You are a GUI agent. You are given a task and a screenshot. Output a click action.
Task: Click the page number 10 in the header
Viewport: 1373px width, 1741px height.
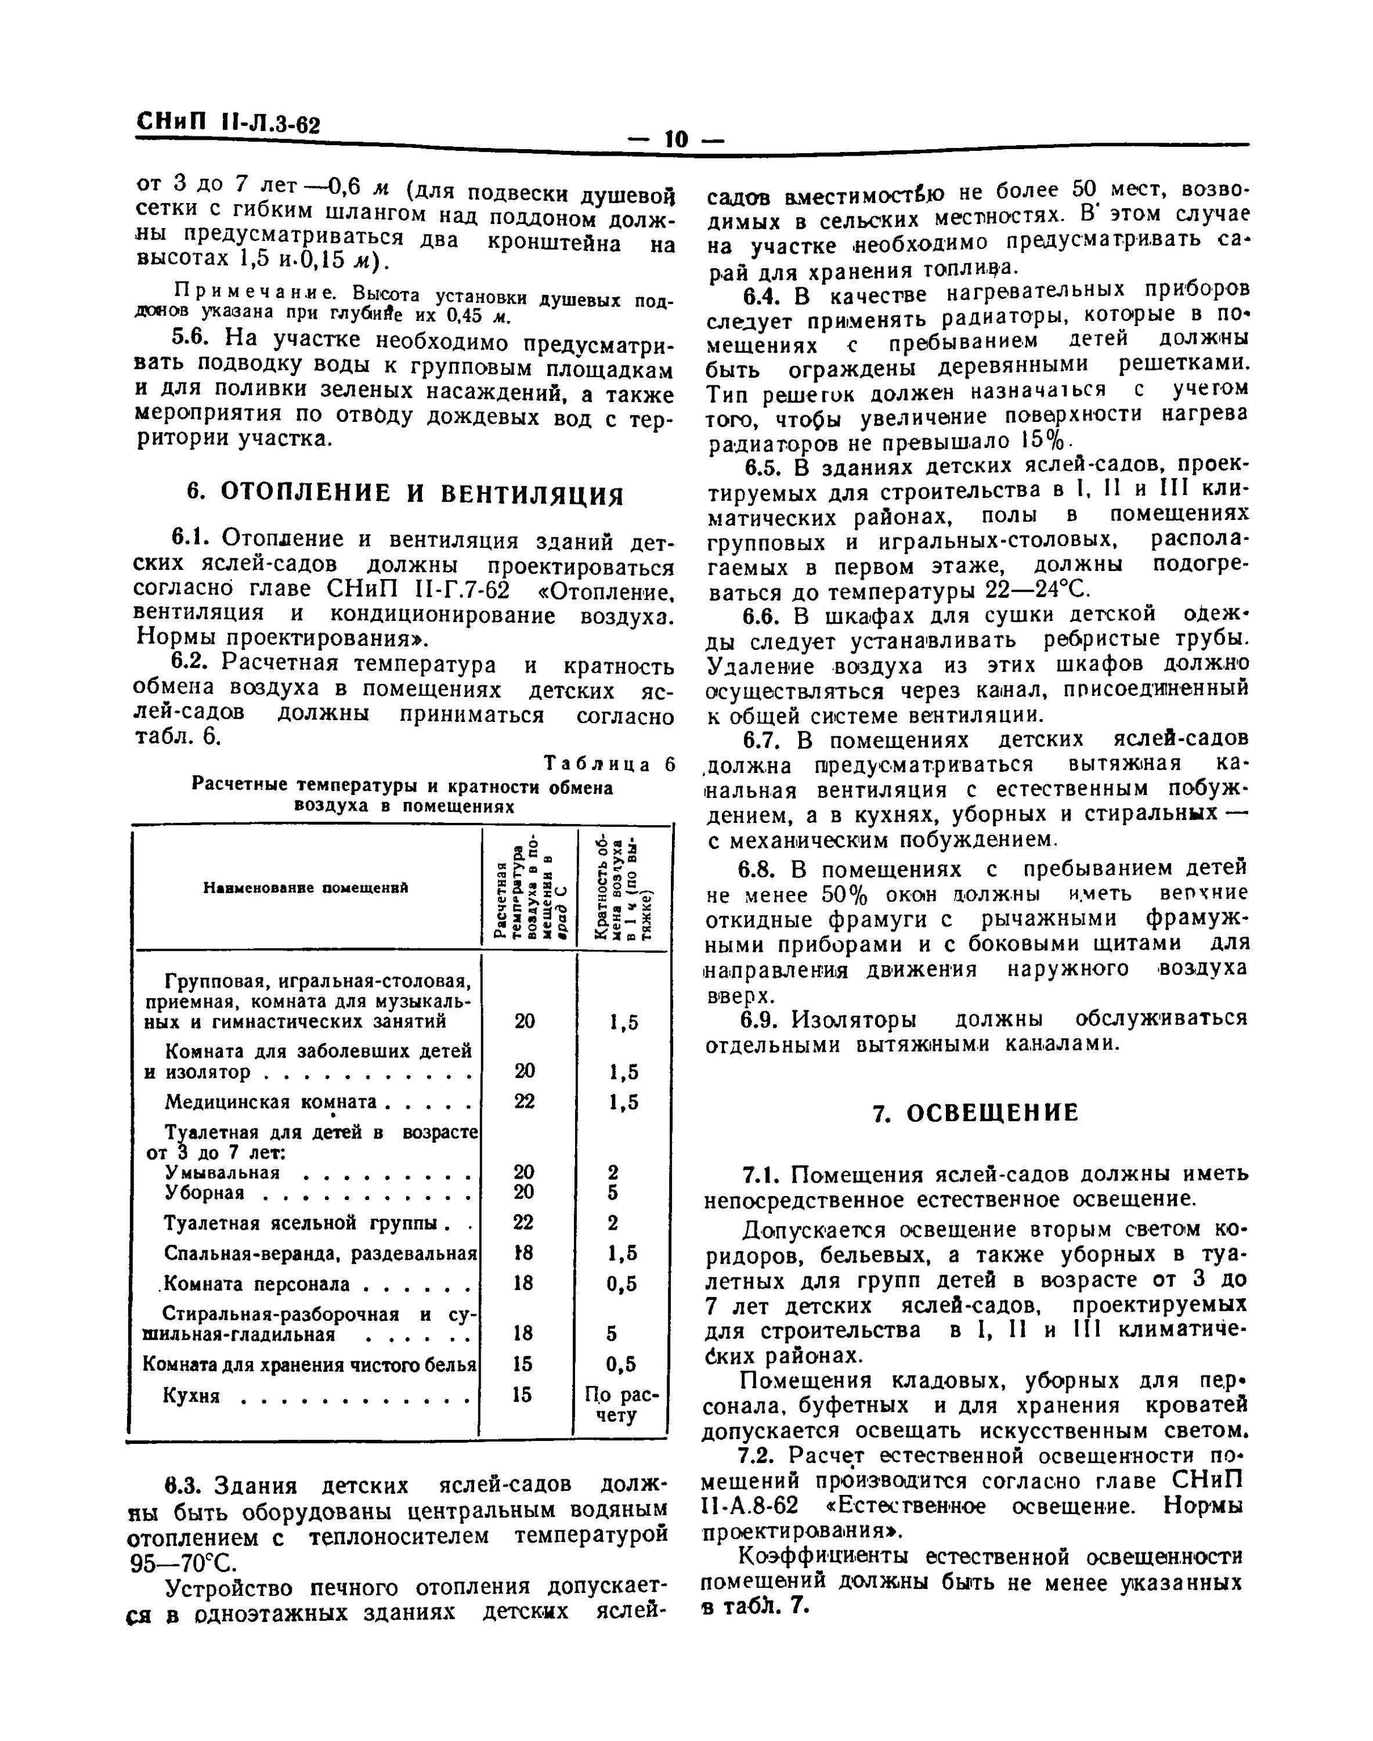(x=676, y=139)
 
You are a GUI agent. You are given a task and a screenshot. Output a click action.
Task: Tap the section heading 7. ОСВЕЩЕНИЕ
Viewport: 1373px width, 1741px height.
(x=975, y=1112)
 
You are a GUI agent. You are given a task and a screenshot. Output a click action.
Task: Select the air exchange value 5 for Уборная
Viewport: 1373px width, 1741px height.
(x=613, y=1193)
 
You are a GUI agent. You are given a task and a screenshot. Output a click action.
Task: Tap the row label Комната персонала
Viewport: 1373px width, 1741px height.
(x=257, y=1284)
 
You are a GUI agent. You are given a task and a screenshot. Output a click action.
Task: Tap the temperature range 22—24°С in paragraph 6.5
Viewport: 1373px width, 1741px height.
(x=1037, y=591)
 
